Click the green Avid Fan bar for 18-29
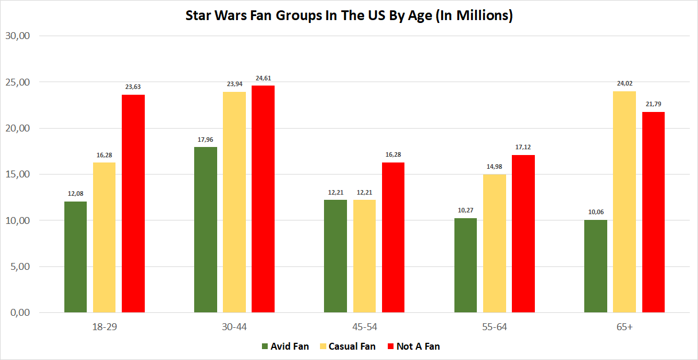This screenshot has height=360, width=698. click(x=75, y=257)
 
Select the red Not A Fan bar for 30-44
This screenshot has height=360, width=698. click(x=263, y=199)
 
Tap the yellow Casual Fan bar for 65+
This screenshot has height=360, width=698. click(x=624, y=202)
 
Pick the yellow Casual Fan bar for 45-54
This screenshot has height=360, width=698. click(x=364, y=256)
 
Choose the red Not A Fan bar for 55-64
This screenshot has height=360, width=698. click(x=523, y=234)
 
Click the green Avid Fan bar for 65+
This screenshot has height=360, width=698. click(x=595, y=266)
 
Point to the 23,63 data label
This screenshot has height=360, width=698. click(x=133, y=87)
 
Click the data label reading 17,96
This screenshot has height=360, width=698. click(x=206, y=140)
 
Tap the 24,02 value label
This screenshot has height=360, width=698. click(x=624, y=84)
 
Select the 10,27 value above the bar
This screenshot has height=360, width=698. click(x=465, y=211)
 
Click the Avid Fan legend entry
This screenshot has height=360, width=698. click(x=285, y=346)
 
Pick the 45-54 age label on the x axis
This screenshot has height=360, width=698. click(x=364, y=327)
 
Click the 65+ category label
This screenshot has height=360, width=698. click(x=624, y=327)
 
